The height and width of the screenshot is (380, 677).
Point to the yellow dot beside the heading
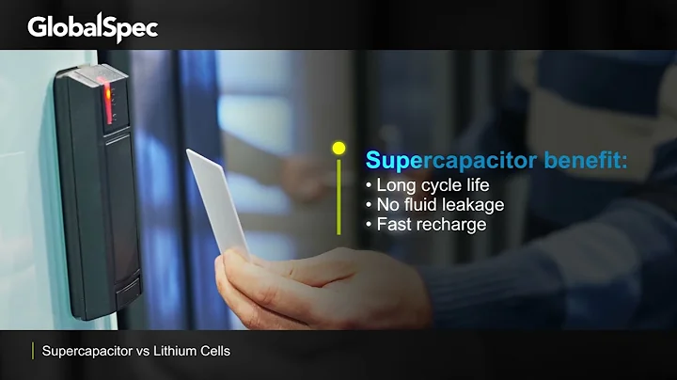coord(338,148)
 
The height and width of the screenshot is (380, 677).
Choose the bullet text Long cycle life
coord(433,184)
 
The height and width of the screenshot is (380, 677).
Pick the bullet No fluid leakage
coord(440,204)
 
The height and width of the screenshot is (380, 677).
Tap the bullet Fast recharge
coord(432,225)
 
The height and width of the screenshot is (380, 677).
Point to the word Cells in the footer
coord(213,351)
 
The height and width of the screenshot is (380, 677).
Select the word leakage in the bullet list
coord(473,204)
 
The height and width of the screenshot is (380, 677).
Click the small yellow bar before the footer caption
coord(33,351)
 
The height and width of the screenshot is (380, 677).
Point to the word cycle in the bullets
coord(440,184)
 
